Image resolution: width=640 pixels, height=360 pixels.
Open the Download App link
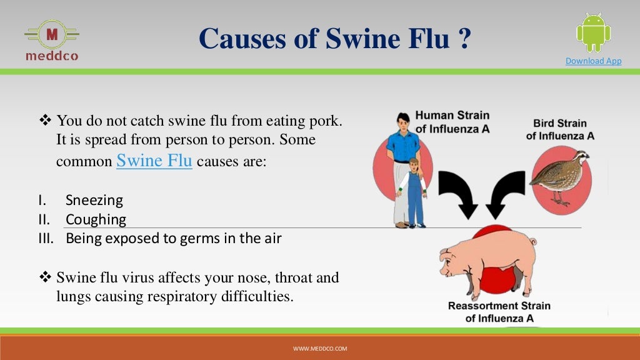[593, 61]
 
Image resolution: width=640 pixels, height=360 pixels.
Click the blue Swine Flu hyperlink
[154, 160]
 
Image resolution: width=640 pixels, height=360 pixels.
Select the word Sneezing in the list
[94, 201]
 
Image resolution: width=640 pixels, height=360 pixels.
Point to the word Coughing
[96, 219]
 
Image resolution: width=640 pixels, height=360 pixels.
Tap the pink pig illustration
[487, 259]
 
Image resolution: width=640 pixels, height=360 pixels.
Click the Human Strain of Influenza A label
[452, 122]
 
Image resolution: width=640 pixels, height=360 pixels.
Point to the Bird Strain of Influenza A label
[560, 129]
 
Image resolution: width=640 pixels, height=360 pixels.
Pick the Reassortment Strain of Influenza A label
[499, 312]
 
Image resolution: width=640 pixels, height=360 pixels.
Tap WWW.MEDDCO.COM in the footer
[320, 348]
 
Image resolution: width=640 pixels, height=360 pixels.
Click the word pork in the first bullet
[327, 119]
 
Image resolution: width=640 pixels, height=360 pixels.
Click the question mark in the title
[464, 39]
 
